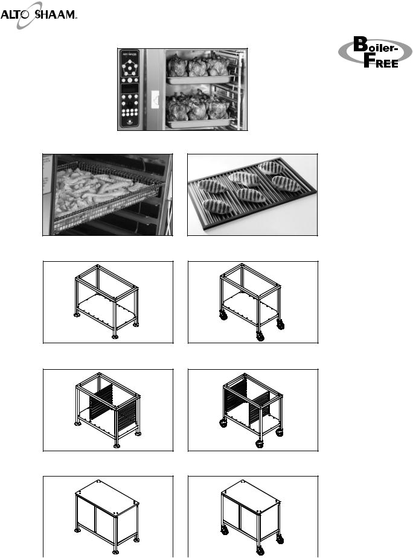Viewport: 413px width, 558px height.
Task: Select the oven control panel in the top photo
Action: click(x=130, y=88)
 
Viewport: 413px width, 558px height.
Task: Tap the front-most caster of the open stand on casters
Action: click(x=260, y=335)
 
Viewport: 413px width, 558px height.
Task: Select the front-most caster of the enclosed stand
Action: click(x=260, y=550)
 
